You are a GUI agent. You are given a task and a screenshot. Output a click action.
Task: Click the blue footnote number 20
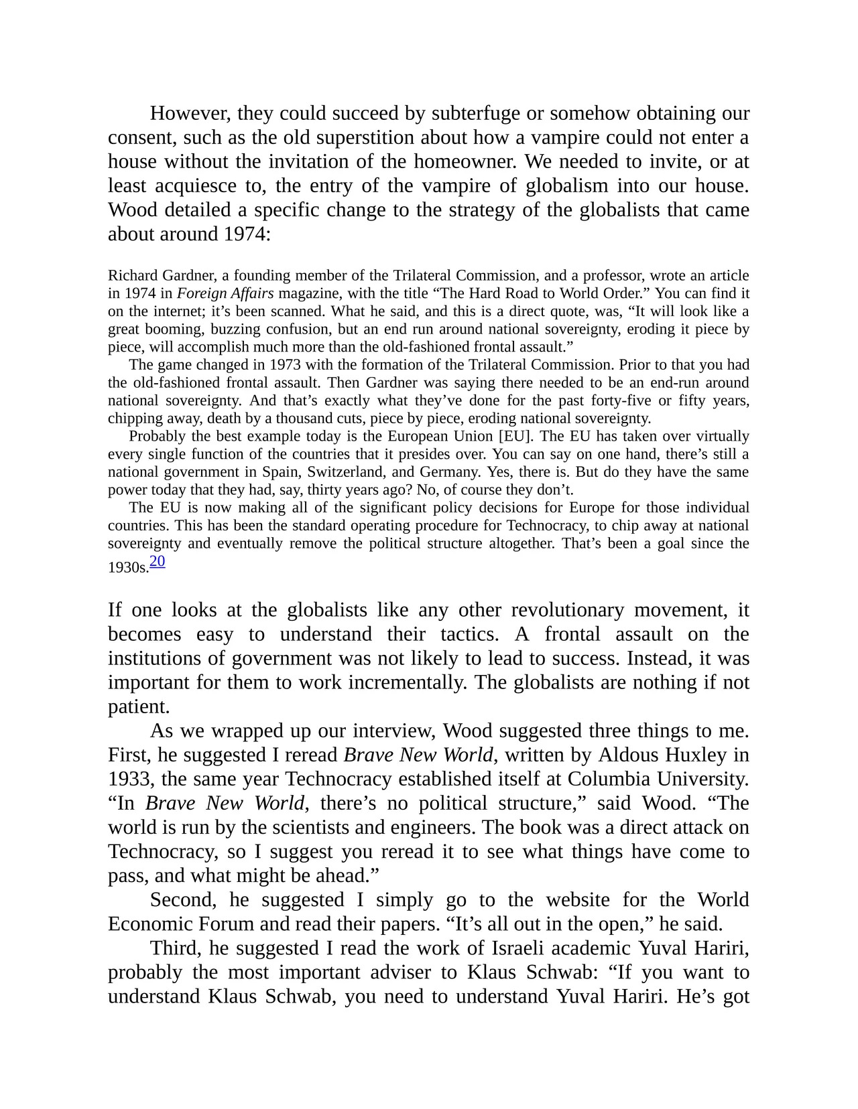click(158, 561)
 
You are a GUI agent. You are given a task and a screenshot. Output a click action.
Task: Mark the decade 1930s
click(128, 568)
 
